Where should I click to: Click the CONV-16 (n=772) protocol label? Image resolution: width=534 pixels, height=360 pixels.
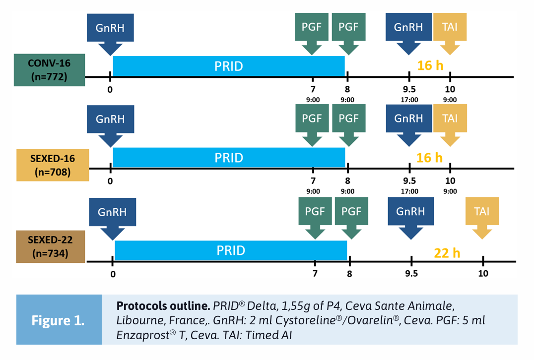click(x=49, y=70)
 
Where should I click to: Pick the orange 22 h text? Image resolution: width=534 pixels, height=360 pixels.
click(x=447, y=253)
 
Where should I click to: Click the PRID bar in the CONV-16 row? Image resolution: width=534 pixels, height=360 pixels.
click(x=228, y=66)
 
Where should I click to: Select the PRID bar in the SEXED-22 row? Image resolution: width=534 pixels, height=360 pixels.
click(x=231, y=250)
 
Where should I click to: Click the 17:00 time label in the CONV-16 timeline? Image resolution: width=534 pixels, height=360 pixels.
click(x=409, y=99)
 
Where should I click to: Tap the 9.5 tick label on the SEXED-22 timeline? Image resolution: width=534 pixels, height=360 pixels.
click(x=411, y=273)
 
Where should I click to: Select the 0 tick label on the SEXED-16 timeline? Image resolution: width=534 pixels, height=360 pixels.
click(x=110, y=180)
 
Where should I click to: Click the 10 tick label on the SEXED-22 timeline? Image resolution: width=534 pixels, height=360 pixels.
click(x=483, y=273)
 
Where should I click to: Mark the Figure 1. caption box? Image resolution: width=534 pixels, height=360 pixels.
click(x=59, y=320)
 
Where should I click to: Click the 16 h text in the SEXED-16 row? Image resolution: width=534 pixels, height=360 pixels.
click(x=430, y=158)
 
